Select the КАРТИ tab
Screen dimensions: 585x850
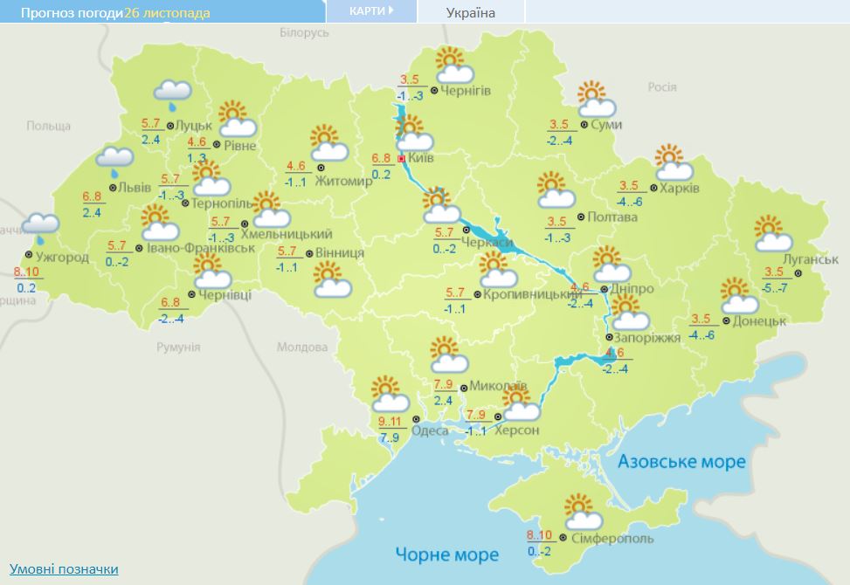370,10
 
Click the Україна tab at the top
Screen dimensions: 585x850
470,12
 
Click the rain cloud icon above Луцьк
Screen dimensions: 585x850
173,93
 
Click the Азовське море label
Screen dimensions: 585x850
681,461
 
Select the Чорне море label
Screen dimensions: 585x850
446,554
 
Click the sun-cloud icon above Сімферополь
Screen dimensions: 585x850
581,511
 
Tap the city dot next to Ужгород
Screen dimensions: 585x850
29,255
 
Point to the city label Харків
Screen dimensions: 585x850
679,188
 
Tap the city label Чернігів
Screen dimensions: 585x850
466,91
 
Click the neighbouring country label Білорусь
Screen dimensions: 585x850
304,32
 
